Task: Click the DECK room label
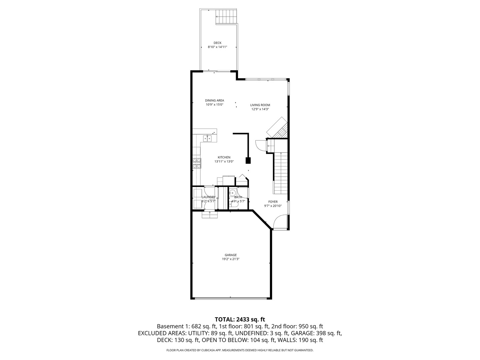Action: click(x=217, y=43)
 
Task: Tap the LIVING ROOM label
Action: click(x=260, y=105)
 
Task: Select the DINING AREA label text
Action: click(x=214, y=100)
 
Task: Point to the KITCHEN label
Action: click(x=224, y=157)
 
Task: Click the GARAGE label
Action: click(x=230, y=255)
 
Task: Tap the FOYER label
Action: click(x=273, y=202)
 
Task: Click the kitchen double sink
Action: click(x=207, y=138)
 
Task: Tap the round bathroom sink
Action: click(x=233, y=193)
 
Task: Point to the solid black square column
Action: click(x=248, y=161)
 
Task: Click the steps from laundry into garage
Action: click(x=210, y=215)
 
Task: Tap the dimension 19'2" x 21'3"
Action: click(x=231, y=259)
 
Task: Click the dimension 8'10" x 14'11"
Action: click(x=217, y=47)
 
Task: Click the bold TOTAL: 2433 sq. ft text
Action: click(x=240, y=319)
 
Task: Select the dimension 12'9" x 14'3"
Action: click(x=260, y=109)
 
